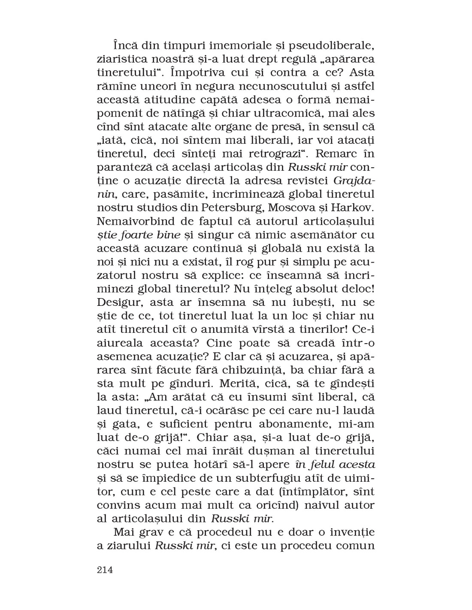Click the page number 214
pos(105,570)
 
